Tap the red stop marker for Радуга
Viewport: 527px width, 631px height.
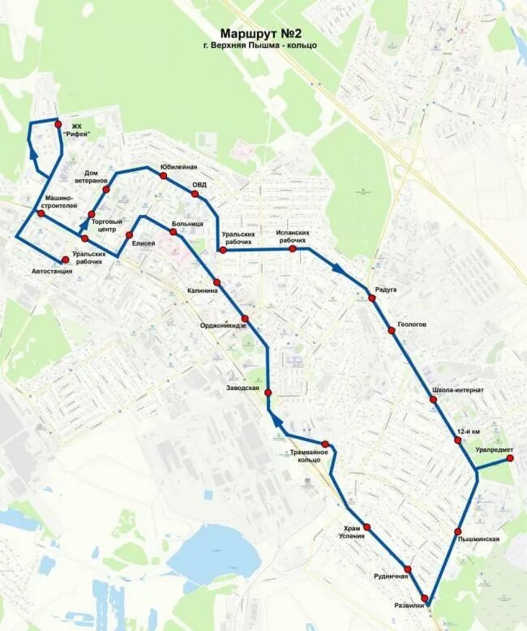372,298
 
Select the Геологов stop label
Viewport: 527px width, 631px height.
412,324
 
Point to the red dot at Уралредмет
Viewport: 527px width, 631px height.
510,458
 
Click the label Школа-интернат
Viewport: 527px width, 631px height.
458,390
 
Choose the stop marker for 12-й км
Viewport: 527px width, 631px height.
458,440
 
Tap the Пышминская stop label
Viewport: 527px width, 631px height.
478,539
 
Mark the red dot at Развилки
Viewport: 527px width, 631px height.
424,599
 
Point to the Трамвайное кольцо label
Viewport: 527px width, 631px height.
310,456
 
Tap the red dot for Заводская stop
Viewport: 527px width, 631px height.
268,393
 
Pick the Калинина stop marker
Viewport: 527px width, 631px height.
216,281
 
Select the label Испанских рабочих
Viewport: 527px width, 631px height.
293,237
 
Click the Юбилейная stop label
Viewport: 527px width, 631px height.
179,166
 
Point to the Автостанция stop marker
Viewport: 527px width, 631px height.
65,260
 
